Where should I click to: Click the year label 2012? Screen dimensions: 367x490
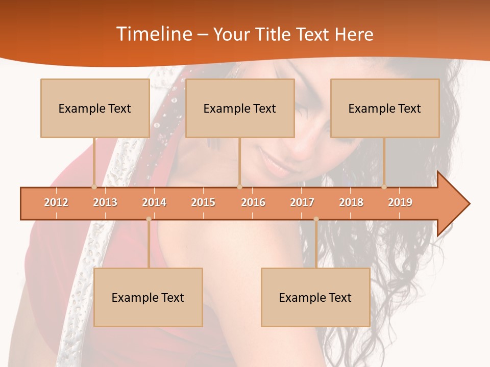click(x=56, y=202)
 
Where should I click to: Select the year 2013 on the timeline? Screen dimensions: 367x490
click(x=105, y=202)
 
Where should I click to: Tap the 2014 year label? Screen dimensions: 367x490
click(x=154, y=202)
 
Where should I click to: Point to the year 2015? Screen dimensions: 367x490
click(x=203, y=202)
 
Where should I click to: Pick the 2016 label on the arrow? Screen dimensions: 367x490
click(x=253, y=202)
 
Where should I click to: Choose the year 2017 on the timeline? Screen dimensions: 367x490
click(x=302, y=202)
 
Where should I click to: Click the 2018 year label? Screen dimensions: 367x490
click(x=351, y=202)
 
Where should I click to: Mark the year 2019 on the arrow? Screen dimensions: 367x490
click(x=400, y=202)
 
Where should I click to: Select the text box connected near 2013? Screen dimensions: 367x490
click(x=95, y=108)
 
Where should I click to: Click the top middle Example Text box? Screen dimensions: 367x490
click(x=240, y=108)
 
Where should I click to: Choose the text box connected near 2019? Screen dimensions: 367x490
click(x=385, y=108)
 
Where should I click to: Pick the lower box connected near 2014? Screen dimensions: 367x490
click(x=148, y=297)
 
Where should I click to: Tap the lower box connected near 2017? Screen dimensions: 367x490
click(x=315, y=297)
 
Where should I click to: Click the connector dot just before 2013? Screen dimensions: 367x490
click(x=94, y=187)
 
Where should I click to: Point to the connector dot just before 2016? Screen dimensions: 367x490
click(x=239, y=187)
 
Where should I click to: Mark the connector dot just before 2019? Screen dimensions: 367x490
click(x=384, y=187)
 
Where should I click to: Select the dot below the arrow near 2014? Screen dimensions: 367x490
click(x=149, y=219)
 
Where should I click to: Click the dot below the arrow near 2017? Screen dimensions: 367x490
click(x=316, y=219)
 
